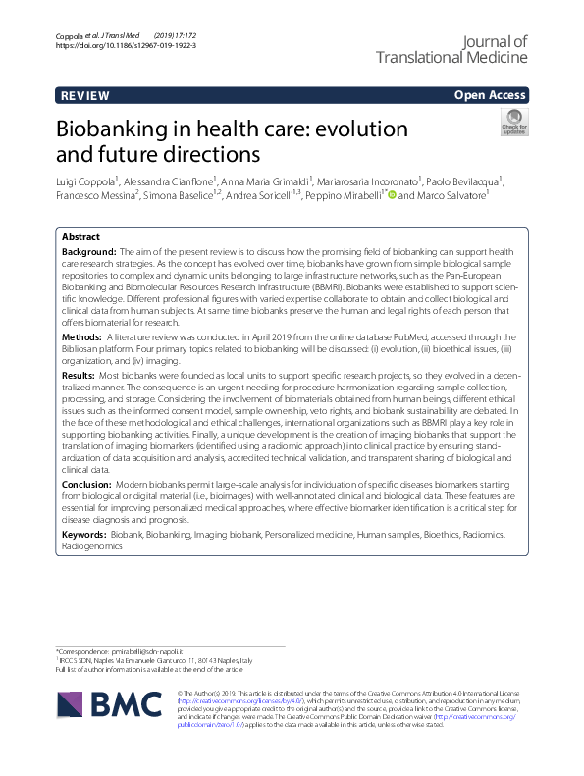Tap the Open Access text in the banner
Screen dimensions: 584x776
click(491, 96)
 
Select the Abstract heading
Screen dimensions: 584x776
click(80, 238)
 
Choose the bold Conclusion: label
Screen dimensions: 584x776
click(87, 485)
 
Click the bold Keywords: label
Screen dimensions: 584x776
click(84, 534)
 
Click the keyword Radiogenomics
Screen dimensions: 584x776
click(92, 544)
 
